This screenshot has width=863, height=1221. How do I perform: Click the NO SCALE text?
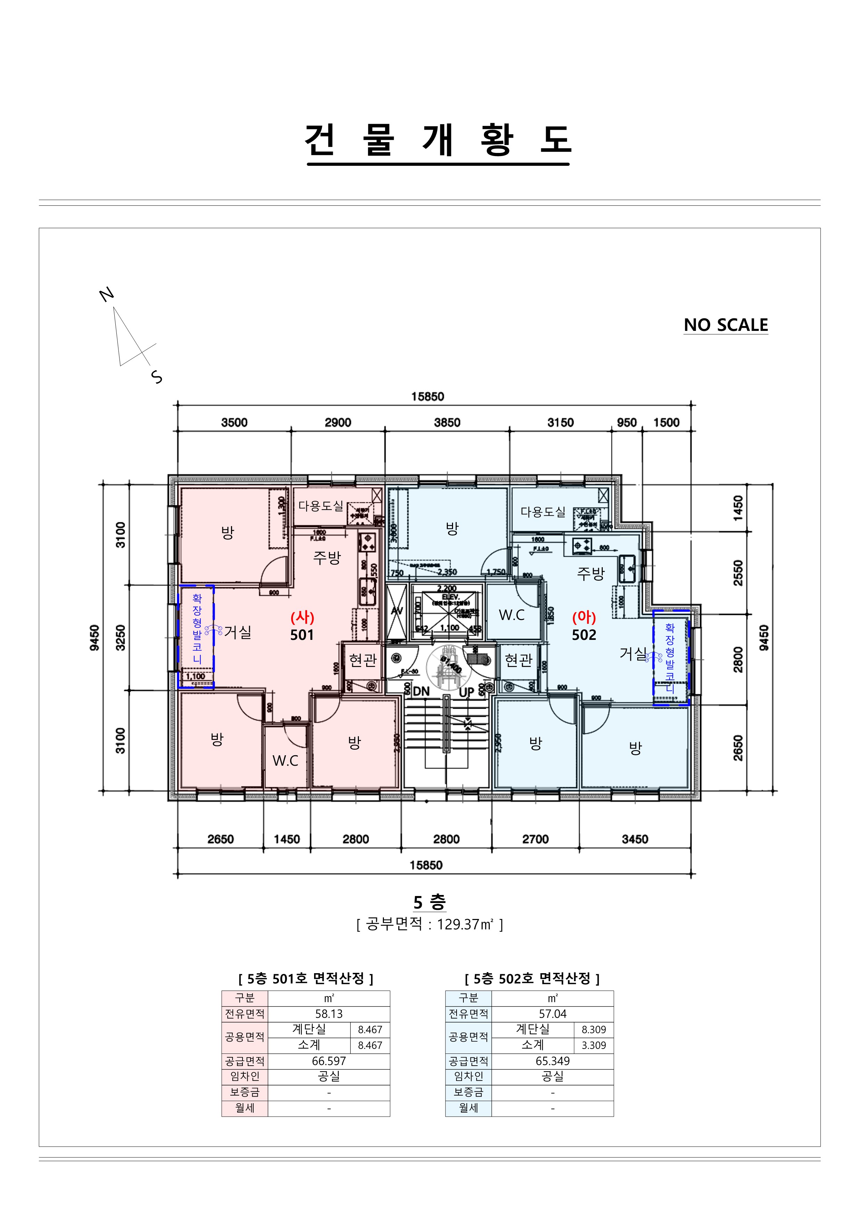point(725,325)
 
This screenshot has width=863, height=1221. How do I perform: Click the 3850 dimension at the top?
point(447,423)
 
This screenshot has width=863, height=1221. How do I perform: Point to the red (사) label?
point(302,617)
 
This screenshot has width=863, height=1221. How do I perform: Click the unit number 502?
point(584,635)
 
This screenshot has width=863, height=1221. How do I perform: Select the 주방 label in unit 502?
point(591,573)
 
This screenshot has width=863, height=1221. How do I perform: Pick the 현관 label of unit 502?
point(518,660)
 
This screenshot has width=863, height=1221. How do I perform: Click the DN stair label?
point(421,691)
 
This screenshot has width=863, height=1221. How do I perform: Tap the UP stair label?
point(466,692)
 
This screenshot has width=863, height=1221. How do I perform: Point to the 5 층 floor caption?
point(430,902)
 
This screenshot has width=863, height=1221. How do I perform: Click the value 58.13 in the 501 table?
point(329,1014)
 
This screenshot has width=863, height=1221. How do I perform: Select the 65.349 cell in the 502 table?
point(552,1061)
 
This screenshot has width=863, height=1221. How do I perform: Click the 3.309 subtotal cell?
point(593,1045)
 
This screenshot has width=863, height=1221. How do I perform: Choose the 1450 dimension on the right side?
point(738,507)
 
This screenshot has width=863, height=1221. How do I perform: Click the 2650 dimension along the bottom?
point(220,839)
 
